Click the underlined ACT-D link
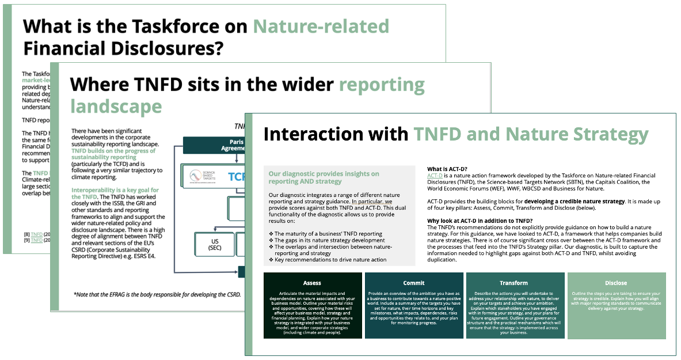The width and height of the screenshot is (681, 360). [x=434, y=175]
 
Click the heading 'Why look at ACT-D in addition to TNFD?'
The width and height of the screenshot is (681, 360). [x=489, y=221]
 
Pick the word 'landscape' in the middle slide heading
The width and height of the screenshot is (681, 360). [x=116, y=107]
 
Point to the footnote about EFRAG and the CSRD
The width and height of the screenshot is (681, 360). [x=158, y=294]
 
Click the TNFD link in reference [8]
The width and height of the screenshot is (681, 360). [x=37, y=234]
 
